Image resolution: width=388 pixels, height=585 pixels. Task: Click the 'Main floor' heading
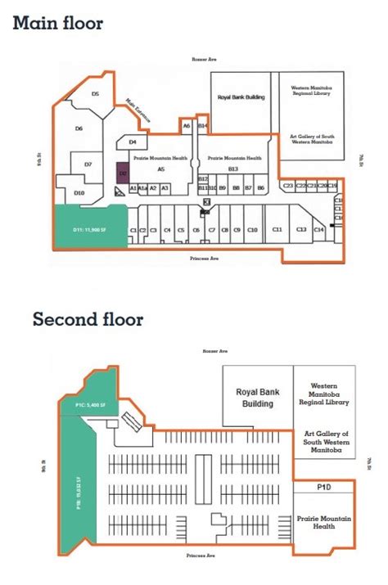(x=57, y=23)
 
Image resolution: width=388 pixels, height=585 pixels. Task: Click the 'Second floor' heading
(x=88, y=318)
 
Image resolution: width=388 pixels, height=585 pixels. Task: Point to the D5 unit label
(x=95, y=95)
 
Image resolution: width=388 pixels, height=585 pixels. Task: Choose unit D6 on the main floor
(x=79, y=128)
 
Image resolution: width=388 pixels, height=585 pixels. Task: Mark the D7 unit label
(x=88, y=164)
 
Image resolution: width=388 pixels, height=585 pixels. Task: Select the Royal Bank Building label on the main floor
(x=241, y=97)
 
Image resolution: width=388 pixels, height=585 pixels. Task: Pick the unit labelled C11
(x=277, y=230)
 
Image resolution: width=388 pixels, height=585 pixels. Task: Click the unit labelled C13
(x=301, y=230)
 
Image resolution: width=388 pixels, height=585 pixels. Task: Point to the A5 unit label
(x=161, y=169)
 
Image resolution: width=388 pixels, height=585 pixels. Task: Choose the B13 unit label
(x=232, y=169)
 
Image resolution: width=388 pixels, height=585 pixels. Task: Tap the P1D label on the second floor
(x=323, y=488)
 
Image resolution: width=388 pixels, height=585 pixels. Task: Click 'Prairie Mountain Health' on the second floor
(x=323, y=523)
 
